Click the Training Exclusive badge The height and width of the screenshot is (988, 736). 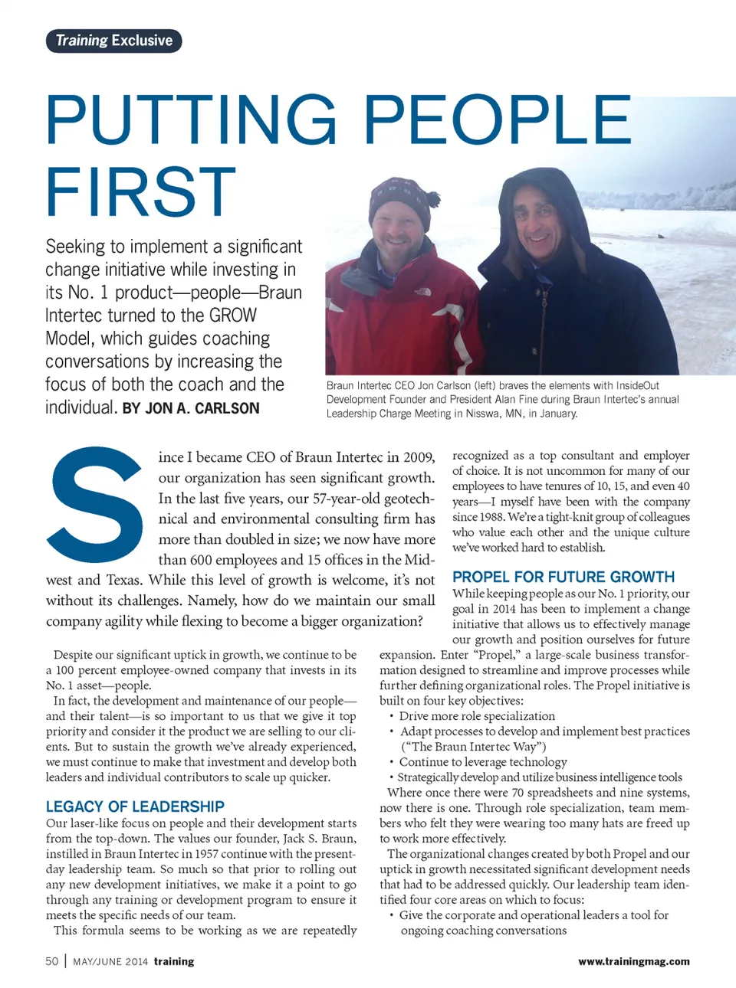pos(113,41)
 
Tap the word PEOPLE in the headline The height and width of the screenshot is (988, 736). pos(497,119)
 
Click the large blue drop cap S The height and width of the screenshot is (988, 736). pos(97,505)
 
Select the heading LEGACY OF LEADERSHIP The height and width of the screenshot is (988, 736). pos(135,806)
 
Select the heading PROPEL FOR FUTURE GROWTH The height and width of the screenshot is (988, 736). pos(563,577)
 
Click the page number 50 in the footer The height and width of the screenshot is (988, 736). pos(52,961)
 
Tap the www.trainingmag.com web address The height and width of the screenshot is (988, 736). pos(633,961)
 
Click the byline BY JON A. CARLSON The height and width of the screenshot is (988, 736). pos(191,408)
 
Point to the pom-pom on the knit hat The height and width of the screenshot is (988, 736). pos(433,199)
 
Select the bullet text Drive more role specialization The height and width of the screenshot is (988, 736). pos(477,716)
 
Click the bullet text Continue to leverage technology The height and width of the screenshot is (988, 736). pos(483,762)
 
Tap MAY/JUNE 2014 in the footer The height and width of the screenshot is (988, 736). pos(110,961)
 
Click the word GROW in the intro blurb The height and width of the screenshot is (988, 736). pos(233,316)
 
